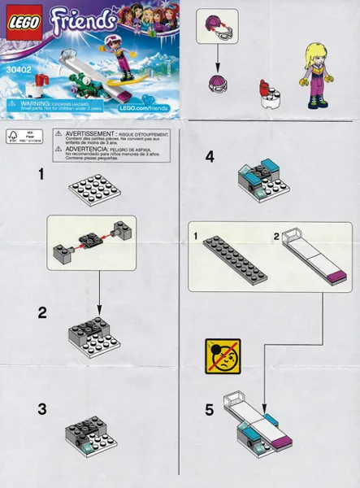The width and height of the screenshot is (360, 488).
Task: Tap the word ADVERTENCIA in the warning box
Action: tap(81, 147)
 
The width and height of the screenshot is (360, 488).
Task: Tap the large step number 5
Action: tap(210, 412)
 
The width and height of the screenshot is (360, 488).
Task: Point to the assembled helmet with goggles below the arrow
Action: tap(218, 81)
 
